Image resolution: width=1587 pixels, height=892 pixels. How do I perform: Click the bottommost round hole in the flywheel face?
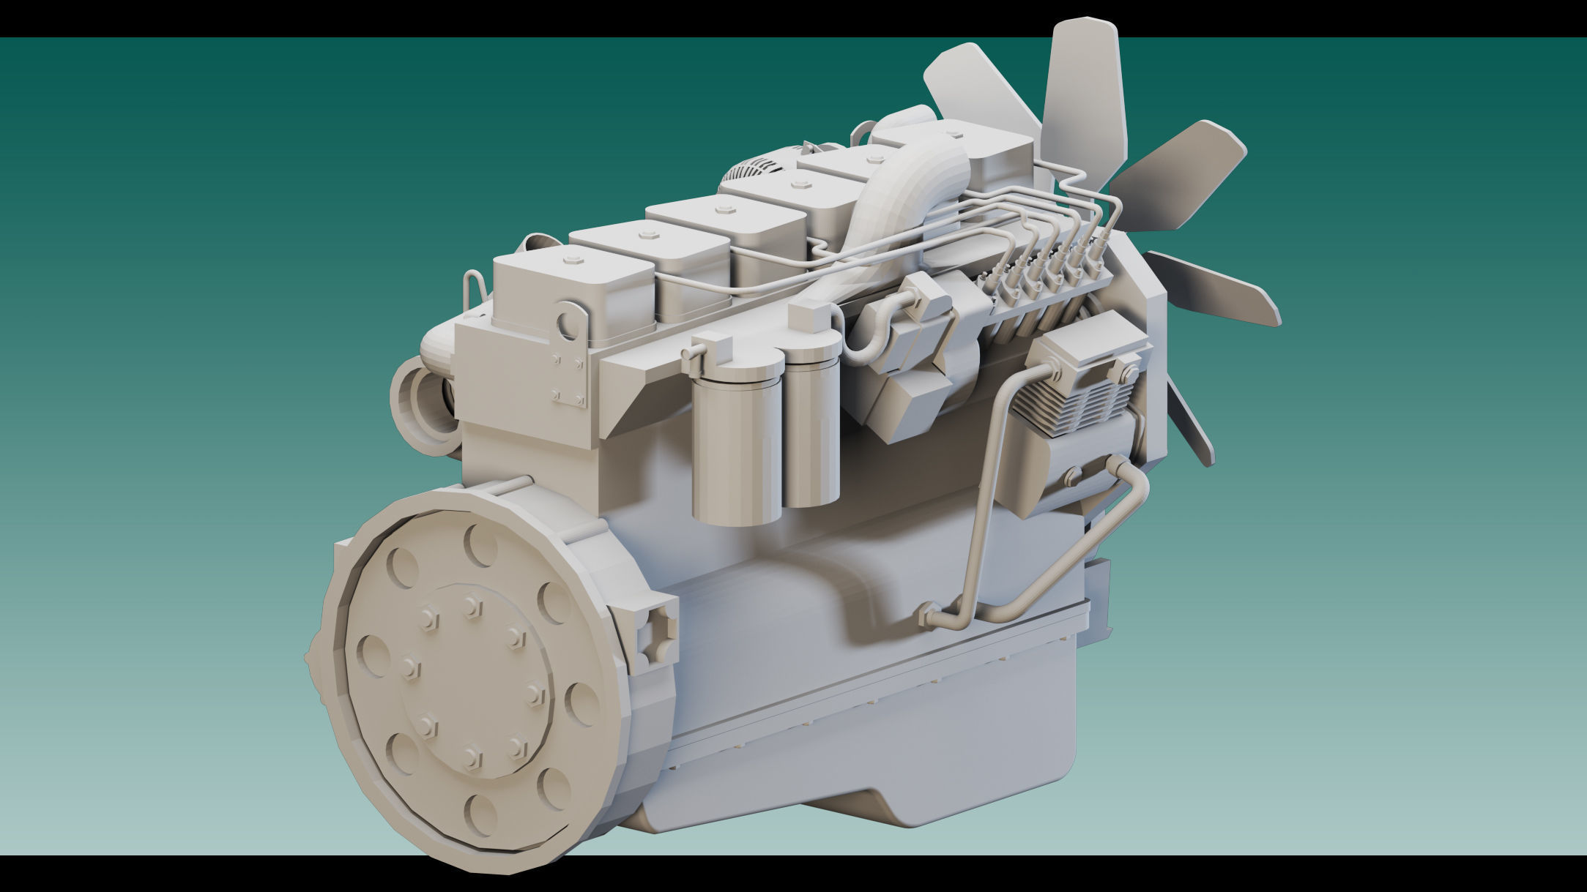tap(482, 814)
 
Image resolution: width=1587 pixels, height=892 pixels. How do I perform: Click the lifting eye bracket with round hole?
tap(570, 322)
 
